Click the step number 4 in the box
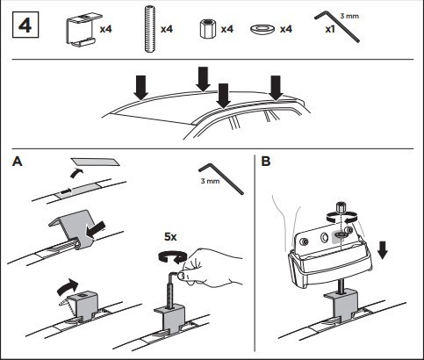(x=25, y=25)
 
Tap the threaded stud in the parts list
(x=149, y=29)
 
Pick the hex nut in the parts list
(x=208, y=29)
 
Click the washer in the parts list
(x=262, y=29)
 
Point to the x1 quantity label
(x=330, y=29)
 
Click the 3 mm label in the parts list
(x=349, y=16)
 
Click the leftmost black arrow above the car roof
(x=141, y=88)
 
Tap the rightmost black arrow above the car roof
(x=276, y=88)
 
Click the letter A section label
(x=18, y=162)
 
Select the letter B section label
(x=266, y=162)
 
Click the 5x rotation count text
(x=170, y=236)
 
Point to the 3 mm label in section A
(x=210, y=181)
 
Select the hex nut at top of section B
(x=341, y=207)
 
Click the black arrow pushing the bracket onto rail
(x=96, y=228)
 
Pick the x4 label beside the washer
(x=286, y=29)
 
